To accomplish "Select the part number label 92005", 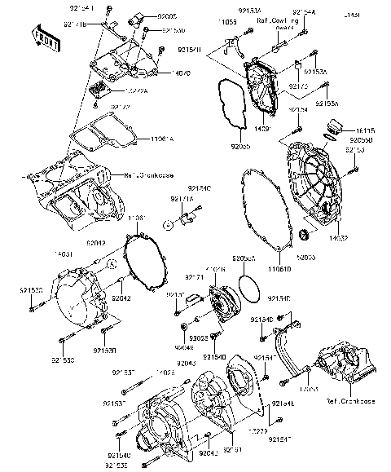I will (x=167, y=15).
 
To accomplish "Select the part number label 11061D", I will (x=279, y=268).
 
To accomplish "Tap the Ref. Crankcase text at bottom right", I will (x=349, y=402).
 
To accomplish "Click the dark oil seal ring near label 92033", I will (x=306, y=236).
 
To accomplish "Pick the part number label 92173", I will (x=298, y=84).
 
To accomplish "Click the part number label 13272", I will (x=258, y=429).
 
